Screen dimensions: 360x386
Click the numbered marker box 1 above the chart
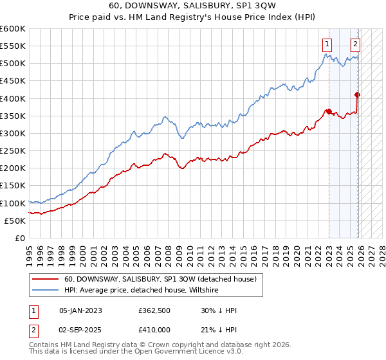(x=328, y=44)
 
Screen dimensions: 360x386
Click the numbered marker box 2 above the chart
(x=355, y=44)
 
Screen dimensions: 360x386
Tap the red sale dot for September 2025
(x=358, y=95)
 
